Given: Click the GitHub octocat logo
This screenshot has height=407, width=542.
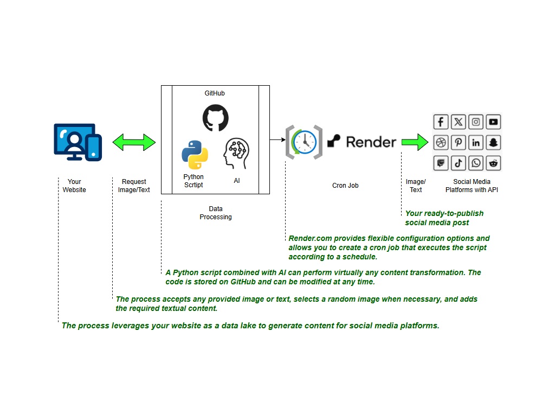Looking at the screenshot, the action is pyautogui.click(x=215, y=118).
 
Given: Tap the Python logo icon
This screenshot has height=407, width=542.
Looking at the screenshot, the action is pyautogui.click(x=195, y=155).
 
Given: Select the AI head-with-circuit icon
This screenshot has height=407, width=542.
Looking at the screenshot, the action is pyautogui.click(x=236, y=154).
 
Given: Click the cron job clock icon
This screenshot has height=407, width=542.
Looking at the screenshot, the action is pyautogui.click(x=304, y=142).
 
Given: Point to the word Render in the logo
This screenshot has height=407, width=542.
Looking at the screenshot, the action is pyautogui.click(x=371, y=142).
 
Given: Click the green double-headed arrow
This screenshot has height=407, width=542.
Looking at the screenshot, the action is pyautogui.click(x=134, y=142).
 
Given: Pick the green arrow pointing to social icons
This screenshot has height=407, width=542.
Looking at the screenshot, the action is pyautogui.click(x=415, y=142).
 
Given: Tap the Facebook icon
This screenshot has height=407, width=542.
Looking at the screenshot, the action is pyautogui.click(x=441, y=122).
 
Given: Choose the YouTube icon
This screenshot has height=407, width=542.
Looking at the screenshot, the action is pyautogui.click(x=493, y=122).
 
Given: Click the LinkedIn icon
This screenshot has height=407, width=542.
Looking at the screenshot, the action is pyautogui.click(x=476, y=142).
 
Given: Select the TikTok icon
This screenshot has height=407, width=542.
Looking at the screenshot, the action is pyautogui.click(x=459, y=163).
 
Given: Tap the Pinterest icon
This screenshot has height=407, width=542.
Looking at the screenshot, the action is pyautogui.click(x=459, y=142).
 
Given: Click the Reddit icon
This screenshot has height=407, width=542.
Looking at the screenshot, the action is pyautogui.click(x=493, y=163).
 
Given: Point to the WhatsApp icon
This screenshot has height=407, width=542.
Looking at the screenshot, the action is pyautogui.click(x=476, y=163).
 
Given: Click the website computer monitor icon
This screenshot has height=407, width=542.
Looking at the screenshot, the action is pyautogui.click(x=78, y=142).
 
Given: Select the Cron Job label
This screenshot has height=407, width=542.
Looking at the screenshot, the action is pyautogui.click(x=345, y=186).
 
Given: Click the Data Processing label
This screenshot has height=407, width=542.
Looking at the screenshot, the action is pyautogui.click(x=216, y=213).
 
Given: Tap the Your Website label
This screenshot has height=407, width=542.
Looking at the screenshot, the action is pyautogui.click(x=74, y=186).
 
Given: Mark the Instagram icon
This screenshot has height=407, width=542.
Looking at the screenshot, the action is pyautogui.click(x=476, y=122).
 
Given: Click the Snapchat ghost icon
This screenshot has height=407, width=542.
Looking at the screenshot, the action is pyautogui.click(x=493, y=142).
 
